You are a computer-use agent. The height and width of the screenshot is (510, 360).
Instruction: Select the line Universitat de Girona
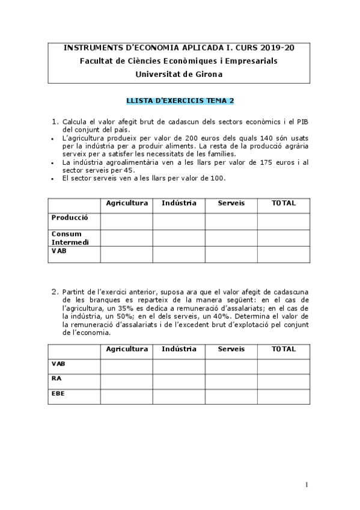point(179,74)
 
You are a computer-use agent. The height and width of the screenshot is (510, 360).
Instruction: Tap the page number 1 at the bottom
point(307,485)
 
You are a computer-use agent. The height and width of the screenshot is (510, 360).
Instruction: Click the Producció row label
point(70,218)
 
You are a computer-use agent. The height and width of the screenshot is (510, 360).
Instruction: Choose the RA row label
point(56,379)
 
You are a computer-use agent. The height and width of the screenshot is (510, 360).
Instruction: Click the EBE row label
point(58,394)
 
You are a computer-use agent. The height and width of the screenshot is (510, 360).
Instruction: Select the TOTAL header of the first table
point(284,203)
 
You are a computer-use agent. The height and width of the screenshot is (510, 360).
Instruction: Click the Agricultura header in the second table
point(127,349)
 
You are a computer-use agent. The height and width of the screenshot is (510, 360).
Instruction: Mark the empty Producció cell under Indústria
point(178,221)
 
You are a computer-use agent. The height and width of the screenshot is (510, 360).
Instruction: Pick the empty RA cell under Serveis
point(231,381)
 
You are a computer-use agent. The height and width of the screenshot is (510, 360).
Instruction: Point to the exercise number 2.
point(54,291)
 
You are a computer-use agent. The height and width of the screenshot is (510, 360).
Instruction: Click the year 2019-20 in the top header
point(273,47)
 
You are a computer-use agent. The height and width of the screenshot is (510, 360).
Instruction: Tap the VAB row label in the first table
point(59,251)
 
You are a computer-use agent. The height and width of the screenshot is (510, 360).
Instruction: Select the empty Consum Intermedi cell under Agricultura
point(126,238)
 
